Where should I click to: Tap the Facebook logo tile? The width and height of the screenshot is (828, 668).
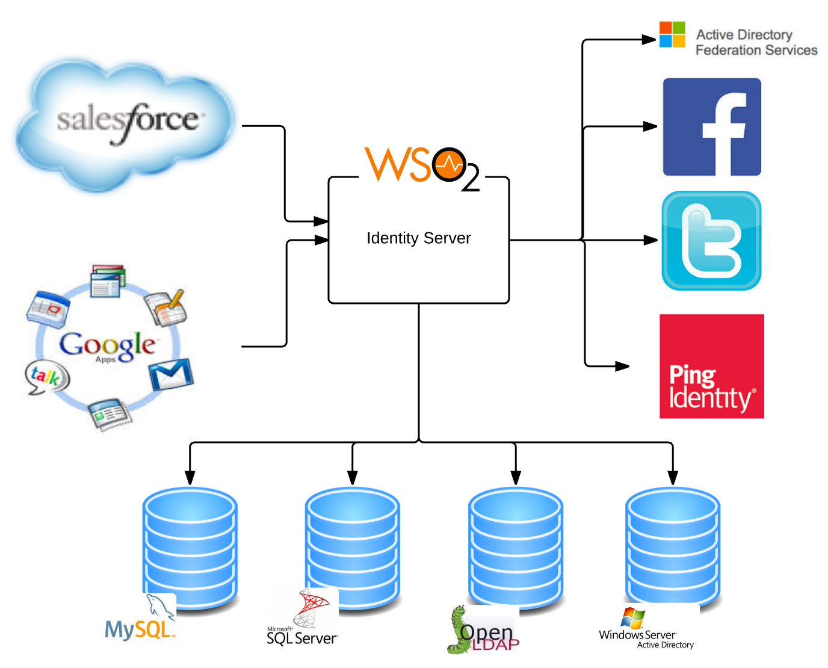pos(712,127)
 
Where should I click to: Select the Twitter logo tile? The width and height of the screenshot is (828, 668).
pos(711,241)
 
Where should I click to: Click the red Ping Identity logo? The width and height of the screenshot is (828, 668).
pos(711,366)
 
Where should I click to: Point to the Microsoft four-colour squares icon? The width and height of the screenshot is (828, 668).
pos(672,34)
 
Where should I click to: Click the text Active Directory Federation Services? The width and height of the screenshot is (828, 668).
pos(756,43)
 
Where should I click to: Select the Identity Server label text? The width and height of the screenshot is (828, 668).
pos(418,238)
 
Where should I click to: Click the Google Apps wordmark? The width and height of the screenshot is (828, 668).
pos(107,345)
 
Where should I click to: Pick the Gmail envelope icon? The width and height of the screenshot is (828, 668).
pos(171,374)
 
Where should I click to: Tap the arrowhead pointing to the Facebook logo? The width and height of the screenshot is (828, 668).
pos(650,126)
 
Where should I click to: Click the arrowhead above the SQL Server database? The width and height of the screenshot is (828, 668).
pos(353,477)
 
